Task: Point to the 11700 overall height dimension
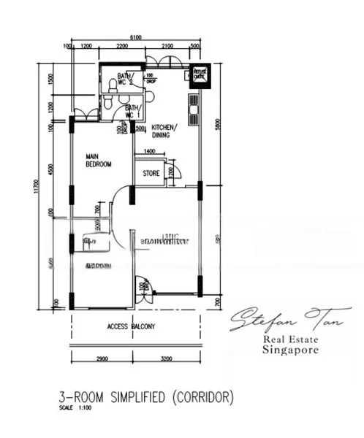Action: coord(35,188)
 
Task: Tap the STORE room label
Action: coord(151,173)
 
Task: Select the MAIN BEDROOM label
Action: coord(98,160)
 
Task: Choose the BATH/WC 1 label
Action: coord(132,112)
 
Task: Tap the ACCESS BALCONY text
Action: coord(131,326)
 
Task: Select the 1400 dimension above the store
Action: coord(149,150)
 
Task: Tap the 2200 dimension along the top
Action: coord(122,46)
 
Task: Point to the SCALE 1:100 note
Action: coord(74,407)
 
